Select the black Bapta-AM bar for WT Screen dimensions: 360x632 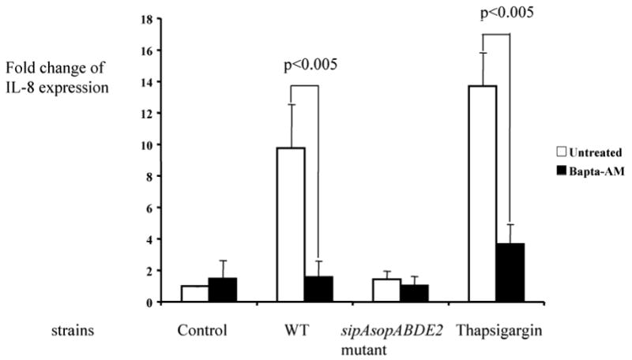click(x=318, y=289)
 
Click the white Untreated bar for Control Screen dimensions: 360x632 click(x=194, y=294)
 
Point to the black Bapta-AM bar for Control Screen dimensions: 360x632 click(x=223, y=290)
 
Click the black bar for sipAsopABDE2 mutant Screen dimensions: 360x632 click(x=415, y=293)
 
